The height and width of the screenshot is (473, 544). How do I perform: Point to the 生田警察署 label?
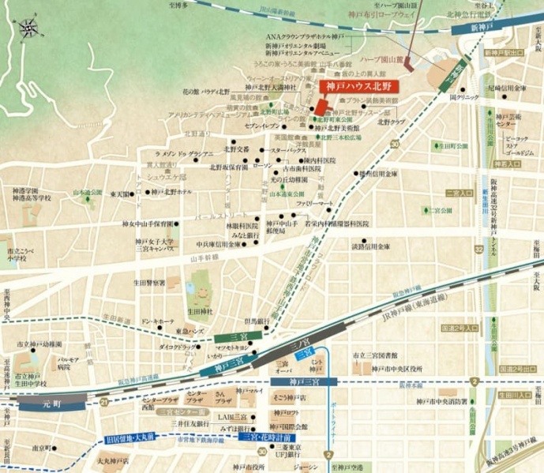click(x=149, y=281)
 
